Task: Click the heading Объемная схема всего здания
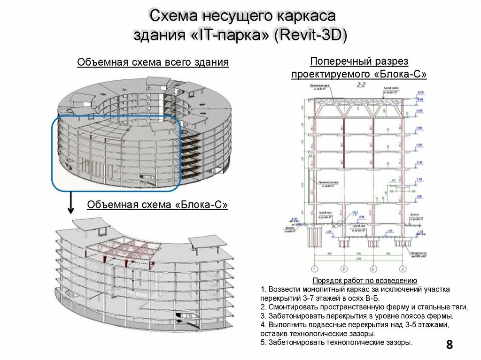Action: (153, 62)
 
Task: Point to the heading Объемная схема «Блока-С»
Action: (157, 205)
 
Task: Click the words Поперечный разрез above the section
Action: (359, 61)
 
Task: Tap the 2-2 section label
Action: (361, 85)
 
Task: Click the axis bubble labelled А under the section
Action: (312, 269)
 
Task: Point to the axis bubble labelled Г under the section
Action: (403, 269)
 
